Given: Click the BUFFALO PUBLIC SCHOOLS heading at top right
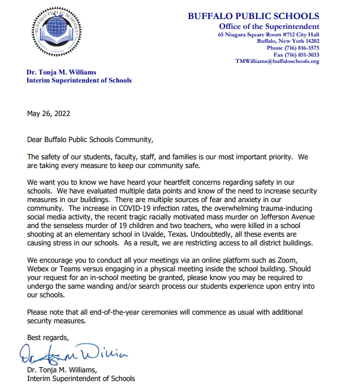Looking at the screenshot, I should coord(253,16).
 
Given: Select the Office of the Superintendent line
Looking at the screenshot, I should coord(269,27).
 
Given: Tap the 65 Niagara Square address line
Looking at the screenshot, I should coord(268,35).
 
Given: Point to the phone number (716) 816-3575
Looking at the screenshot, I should coord(302,48).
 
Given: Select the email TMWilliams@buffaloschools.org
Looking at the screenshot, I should coord(277,61).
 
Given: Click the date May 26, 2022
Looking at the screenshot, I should coord(49,113).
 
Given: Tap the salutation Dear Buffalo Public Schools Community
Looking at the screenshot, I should coord(91,139).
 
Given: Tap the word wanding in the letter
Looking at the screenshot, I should coord(101,285).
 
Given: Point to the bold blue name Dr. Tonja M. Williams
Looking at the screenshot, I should coord(61,72).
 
